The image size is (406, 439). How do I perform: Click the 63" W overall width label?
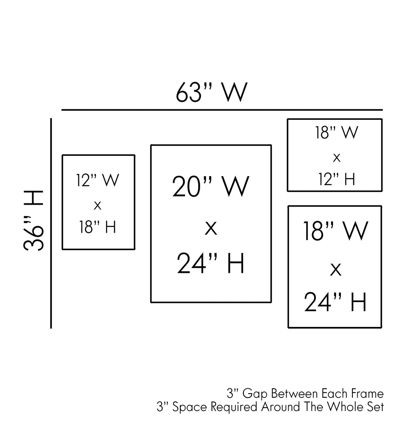coord(211,93)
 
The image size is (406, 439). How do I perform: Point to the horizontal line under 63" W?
coord(222,110)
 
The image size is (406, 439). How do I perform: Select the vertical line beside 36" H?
coord(51,223)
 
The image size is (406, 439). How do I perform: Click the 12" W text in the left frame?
coord(97,180)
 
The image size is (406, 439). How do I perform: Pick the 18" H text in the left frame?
coord(97,227)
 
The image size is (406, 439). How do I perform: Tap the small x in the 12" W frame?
coord(97,205)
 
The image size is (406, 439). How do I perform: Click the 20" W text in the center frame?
coord(211,186)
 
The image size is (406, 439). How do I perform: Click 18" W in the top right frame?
coord(336,133)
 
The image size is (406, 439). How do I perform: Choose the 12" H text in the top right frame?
coord(336,179)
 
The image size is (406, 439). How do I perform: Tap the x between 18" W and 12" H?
coord(336,157)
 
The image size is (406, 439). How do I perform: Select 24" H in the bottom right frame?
coord(335,302)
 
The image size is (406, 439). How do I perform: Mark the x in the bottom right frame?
coord(335,268)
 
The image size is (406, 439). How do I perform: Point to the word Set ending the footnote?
coord(376,407)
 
